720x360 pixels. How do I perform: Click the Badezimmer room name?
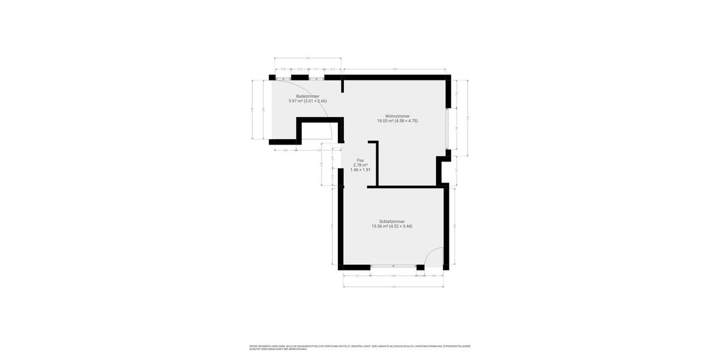[x=307, y=96]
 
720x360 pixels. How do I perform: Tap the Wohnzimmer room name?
[x=397, y=116]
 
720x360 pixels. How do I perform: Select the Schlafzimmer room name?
[x=392, y=221]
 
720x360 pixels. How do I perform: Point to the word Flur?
[x=361, y=160]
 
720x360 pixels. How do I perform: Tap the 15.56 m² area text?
[x=380, y=226]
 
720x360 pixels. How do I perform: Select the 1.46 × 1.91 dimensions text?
[x=361, y=170]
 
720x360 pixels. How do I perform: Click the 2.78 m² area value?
[x=361, y=165]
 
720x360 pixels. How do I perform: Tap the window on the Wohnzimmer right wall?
[x=448, y=127]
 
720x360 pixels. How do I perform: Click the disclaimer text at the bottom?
[x=360, y=347]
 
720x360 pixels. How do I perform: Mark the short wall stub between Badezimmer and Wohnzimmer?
[x=343, y=85]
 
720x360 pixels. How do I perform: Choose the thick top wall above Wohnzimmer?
[x=396, y=77]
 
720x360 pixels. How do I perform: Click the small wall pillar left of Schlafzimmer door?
[x=421, y=267]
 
